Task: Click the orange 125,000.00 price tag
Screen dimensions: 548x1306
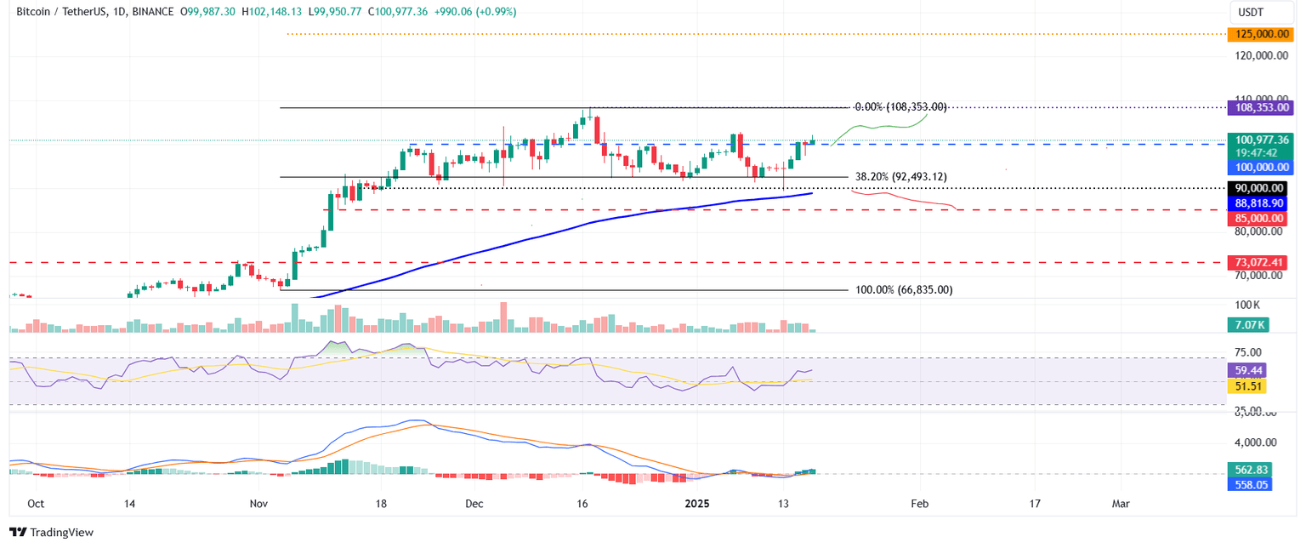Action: [x=1260, y=34]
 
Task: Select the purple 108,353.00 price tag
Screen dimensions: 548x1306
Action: [x=1260, y=108]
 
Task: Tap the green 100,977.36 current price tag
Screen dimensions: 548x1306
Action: [x=1260, y=140]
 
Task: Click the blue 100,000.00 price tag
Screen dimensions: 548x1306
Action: [x=1260, y=168]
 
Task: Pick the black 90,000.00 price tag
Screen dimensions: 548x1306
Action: [x=1260, y=188]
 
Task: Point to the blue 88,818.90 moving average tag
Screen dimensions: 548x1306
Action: [x=1260, y=203]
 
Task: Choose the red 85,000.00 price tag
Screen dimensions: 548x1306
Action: [x=1260, y=219]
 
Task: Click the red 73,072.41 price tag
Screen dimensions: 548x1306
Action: [x=1260, y=262]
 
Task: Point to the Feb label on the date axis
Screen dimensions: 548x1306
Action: [x=919, y=504]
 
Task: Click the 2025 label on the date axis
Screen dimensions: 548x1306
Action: [x=697, y=504]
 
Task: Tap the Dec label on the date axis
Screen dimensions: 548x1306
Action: [x=474, y=504]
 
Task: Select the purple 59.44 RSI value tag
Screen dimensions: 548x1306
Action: [x=1247, y=371]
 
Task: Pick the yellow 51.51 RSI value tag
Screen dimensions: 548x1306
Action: [x=1247, y=386]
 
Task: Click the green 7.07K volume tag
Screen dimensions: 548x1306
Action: [x=1247, y=324]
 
